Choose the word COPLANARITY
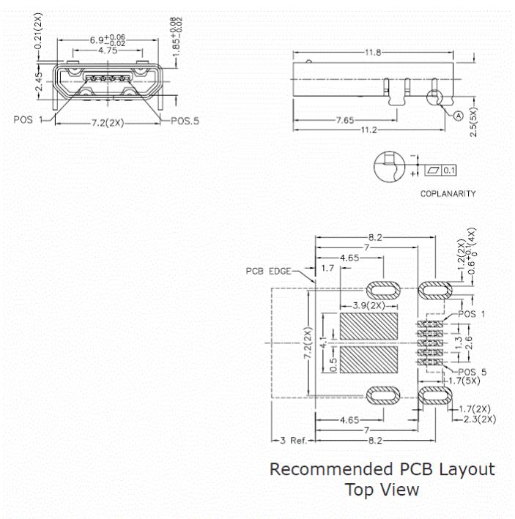[448, 195]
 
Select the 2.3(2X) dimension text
[481, 419]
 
